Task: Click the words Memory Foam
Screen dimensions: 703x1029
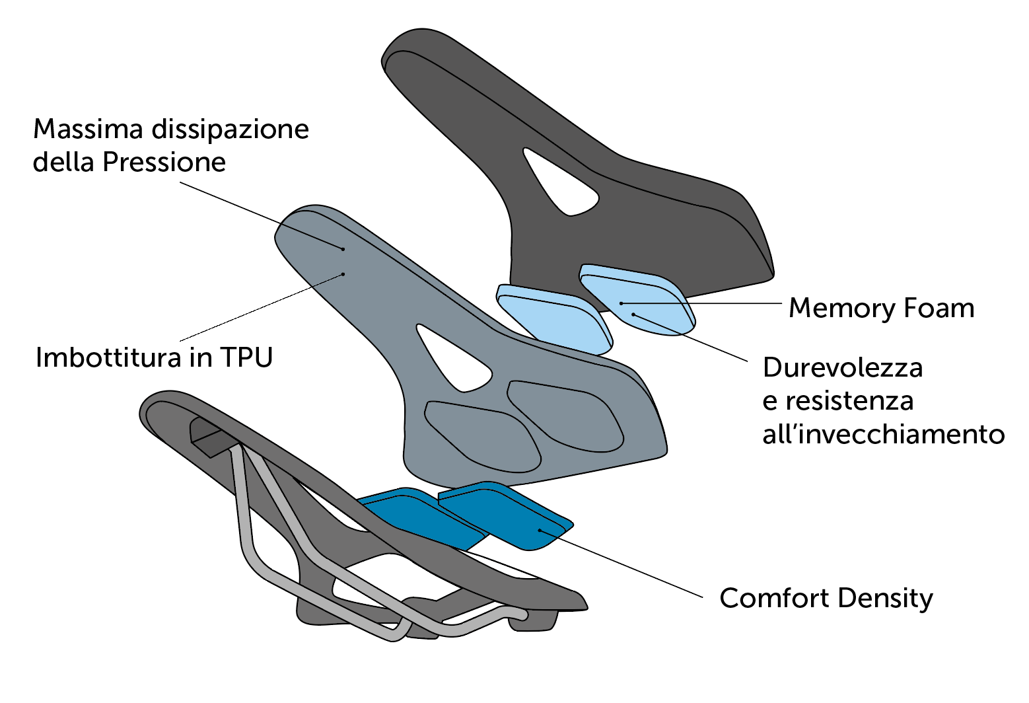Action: pos(881,308)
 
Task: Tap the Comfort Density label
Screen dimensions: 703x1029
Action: pos(826,598)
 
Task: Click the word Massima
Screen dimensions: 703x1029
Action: pos(88,129)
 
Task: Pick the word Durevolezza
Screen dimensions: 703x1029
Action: pos(842,367)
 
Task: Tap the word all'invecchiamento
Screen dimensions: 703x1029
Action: pos(883,435)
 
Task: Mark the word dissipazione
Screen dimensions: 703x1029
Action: pos(231,129)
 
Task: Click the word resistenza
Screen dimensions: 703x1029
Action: pos(849,401)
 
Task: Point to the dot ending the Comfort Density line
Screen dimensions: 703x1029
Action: pos(540,530)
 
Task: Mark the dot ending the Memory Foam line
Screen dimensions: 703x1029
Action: pos(621,303)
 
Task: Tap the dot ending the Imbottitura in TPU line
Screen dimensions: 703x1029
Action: pos(343,274)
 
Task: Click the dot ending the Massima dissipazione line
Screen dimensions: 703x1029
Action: pos(343,249)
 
